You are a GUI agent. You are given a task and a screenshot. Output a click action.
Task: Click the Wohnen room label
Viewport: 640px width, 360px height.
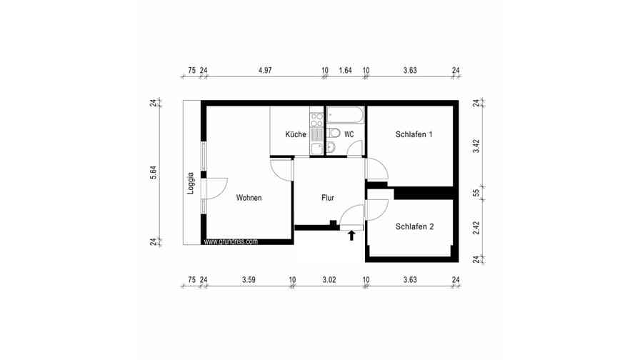click(x=249, y=198)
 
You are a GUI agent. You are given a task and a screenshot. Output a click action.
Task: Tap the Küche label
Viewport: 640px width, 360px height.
click(x=296, y=134)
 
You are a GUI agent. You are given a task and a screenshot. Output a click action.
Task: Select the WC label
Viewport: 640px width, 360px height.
click(x=349, y=134)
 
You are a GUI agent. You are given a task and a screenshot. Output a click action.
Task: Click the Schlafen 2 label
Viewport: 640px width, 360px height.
click(x=414, y=226)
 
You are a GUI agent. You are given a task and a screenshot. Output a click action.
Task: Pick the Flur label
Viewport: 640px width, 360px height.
click(x=328, y=198)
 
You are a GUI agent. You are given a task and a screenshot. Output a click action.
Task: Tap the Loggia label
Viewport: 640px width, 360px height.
click(x=191, y=184)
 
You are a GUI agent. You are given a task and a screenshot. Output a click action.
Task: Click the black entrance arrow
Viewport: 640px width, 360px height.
click(x=351, y=235)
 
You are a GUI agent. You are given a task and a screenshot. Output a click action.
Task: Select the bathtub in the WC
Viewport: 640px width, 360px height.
click(x=346, y=114)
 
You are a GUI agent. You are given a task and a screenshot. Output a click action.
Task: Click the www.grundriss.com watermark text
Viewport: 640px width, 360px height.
click(x=231, y=242)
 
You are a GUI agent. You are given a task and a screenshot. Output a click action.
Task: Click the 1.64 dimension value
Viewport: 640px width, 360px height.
click(x=346, y=71)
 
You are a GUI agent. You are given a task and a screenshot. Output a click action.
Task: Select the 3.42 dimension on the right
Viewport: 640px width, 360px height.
click(x=477, y=146)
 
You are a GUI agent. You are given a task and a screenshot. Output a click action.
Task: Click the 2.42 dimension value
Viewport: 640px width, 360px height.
click(x=477, y=228)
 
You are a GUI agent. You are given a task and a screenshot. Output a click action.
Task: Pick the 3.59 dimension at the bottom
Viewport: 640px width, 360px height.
click(x=249, y=280)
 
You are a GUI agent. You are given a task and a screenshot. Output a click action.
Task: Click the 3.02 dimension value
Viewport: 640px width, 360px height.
click(x=329, y=280)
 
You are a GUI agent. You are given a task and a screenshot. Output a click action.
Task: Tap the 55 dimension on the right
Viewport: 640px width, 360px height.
click(x=477, y=192)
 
